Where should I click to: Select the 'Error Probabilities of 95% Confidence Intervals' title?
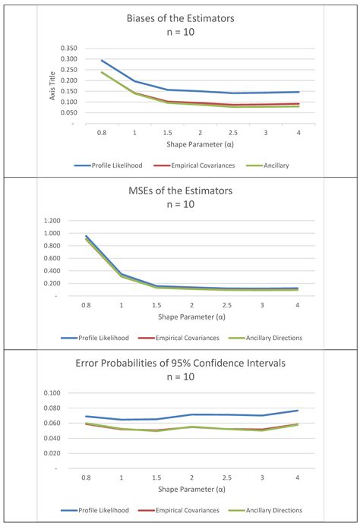pos(180,364)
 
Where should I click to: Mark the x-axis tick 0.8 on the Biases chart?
pos(102,131)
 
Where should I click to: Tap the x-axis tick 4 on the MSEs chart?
pos(297,305)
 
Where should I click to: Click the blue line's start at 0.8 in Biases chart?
pos(102,61)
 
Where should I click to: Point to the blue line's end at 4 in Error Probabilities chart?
pos(297,411)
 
